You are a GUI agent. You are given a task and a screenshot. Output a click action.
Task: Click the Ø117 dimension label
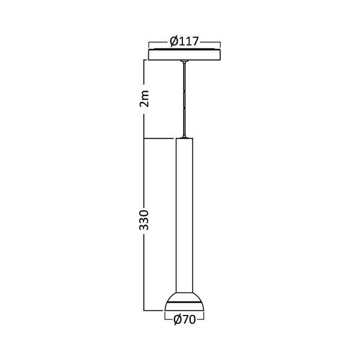point(184,42)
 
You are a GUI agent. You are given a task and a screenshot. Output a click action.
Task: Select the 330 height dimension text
point(143,222)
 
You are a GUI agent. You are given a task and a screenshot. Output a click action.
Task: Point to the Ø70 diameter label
point(184,320)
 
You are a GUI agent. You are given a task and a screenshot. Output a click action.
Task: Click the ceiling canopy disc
point(184,55)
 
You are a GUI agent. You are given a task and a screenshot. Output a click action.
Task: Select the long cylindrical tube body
point(184,216)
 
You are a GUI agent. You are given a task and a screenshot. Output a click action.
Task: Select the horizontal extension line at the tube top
point(159,139)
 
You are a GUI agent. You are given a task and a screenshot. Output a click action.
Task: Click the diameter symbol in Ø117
point(173,42)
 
